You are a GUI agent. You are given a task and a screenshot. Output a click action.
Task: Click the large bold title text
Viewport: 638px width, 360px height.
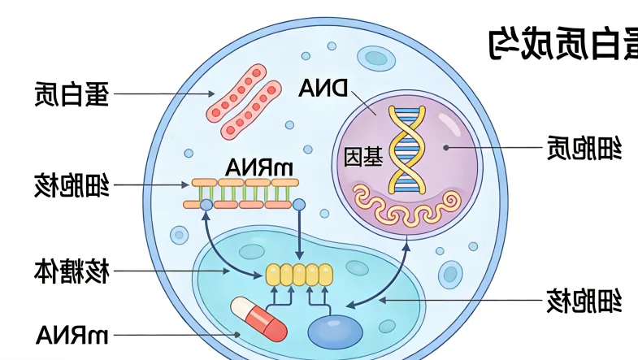pos(562,42)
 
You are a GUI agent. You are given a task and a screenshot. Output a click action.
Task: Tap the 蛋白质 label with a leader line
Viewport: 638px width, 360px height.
pos(72,94)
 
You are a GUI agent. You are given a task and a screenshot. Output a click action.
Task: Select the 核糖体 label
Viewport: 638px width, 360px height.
pos(72,271)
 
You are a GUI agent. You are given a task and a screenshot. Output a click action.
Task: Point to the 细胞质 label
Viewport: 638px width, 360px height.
pos(584,148)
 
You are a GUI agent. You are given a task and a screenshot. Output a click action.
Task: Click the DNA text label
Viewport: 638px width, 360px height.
pos(323,88)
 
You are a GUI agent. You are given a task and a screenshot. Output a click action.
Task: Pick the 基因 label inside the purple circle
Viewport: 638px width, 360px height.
pos(363,156)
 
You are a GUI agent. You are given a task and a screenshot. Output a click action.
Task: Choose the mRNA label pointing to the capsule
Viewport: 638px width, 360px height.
pos(72,334)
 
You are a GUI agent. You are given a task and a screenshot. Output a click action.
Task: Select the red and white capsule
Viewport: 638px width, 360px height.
pos(259,319)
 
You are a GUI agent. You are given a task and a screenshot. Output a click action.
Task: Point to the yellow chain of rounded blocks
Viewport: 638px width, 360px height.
pos(299,275)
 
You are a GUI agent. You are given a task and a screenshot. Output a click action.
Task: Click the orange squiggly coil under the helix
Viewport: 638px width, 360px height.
pos(406,208)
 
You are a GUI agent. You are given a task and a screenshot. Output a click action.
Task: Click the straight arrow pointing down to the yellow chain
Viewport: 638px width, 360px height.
pos(300,236)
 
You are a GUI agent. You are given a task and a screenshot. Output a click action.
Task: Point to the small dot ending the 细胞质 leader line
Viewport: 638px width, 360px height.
pos(445,147)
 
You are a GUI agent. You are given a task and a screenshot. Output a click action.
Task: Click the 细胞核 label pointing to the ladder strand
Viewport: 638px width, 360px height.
pos(72,185)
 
